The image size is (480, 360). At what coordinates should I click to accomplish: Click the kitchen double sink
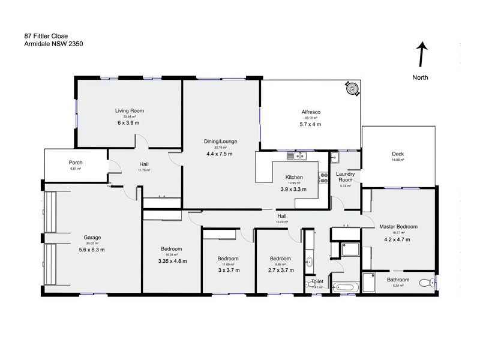(x=296, y=157)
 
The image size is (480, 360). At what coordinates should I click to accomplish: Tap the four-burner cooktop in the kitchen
(x=323, y=178)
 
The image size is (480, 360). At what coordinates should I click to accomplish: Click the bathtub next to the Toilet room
(x=345, y=287)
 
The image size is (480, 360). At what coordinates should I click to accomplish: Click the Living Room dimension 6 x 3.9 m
(x=130, y=122)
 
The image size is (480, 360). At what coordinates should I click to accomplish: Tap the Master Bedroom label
(x=398, y=227)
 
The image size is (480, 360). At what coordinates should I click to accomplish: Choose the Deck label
(x=397, y=154)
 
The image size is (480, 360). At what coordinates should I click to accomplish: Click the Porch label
(x=76, y=163)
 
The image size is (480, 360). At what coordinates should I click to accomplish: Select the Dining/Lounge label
(x=220, y=142)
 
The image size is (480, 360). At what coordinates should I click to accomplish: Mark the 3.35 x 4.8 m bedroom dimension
(x=172, y=261)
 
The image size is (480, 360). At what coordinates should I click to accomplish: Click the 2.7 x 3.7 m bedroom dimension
(x=280, y=270)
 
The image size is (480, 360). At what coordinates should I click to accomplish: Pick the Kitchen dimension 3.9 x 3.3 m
(x=293, y=189)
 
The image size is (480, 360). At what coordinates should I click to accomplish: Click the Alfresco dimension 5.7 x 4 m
(x=310, y=124)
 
